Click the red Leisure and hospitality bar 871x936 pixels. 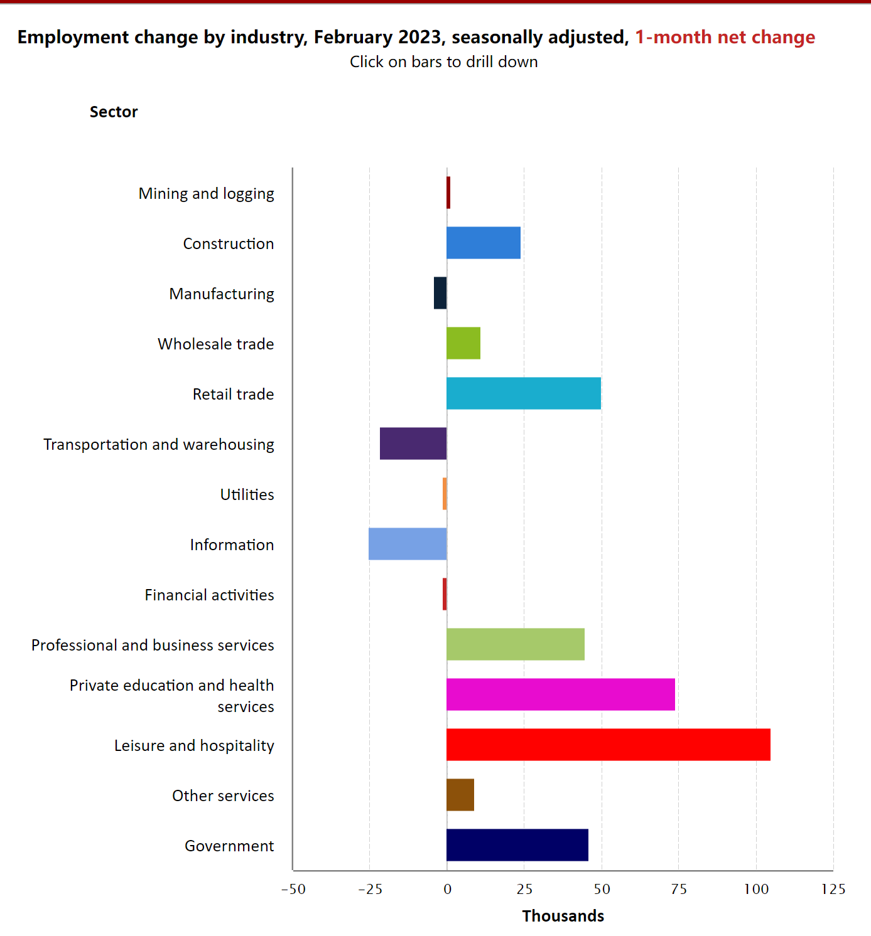(x=608, y=745)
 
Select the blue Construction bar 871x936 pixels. (x=484, y=243)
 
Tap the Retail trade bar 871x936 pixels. (x=524, y=393)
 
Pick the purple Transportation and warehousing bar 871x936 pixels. (x=413, y=444)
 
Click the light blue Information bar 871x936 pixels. (x=408, y=544)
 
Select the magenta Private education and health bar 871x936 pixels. (x=561, y=694)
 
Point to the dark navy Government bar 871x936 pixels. (x=517, y=845)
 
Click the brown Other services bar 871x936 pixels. (x=460, y=795)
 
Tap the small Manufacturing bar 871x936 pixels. (x=440, y=293)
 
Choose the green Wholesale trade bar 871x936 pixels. (x=463, y=343)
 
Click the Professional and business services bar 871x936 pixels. (x=516, y=644)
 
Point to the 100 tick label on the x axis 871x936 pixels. (x=756, y=889)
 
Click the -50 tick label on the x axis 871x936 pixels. (x=293, y=889)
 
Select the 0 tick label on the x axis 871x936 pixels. (x=447, y=889)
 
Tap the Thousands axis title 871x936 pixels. (x=563, y=916)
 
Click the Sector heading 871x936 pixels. (x=114, y=112)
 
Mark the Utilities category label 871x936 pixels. (x=247, y=494)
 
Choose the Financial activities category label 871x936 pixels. (x=209, y=595)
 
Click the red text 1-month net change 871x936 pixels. (x=725, y=37)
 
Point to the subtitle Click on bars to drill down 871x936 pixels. (x=443, y=61)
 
